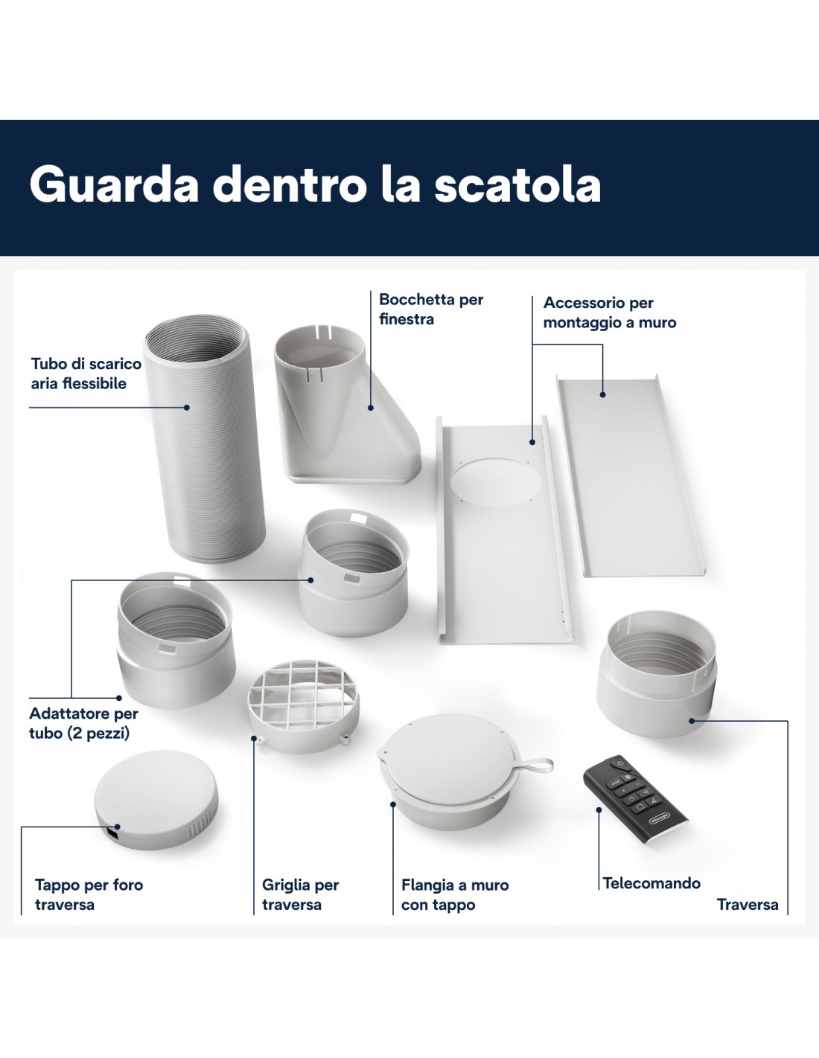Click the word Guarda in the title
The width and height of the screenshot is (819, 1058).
click(115, 185)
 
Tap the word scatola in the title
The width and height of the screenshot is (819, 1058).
click(517, 185)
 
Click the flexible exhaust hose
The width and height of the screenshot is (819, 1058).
click(204, 438)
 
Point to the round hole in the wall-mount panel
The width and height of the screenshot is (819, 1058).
click(495, 481)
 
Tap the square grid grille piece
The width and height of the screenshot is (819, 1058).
click(303, 704)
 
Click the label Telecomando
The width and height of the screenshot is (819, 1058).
click(651, 883)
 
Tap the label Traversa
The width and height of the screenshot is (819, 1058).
click(748, 905)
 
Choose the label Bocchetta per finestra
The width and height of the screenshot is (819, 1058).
click(431, 310)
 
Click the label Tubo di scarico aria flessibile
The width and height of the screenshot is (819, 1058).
click(86, 373)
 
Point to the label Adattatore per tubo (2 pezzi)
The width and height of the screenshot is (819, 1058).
click(84, 723)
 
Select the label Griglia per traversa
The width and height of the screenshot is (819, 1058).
click(300, 895)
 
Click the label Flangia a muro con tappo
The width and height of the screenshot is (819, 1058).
click(455, 895)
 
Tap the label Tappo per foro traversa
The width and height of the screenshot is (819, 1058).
click(89, 895)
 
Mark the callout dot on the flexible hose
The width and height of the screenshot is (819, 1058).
click(187, 408)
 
